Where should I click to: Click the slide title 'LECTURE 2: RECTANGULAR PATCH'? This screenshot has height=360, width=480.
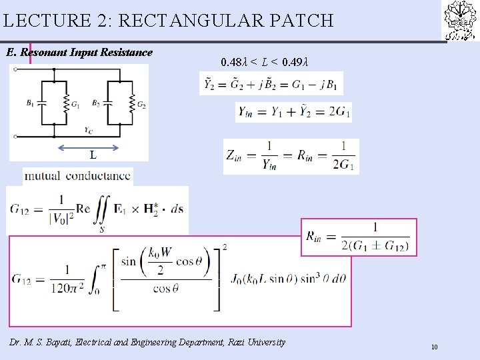coord(168,21)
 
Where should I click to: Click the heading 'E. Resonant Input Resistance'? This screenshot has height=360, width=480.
coord(79,52)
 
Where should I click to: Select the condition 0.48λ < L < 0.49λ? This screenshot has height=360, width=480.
coord(265,63)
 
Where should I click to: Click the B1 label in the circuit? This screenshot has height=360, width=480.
coord(31,103)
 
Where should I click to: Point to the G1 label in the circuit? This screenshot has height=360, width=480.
coord(75,105)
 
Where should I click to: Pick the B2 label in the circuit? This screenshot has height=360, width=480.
coord(97,103)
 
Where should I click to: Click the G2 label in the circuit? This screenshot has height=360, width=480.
coord(141,105)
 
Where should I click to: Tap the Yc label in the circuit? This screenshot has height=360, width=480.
coord(89,129)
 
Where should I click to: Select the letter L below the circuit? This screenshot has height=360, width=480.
coord(93,155)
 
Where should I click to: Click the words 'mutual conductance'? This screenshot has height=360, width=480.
coord(78,177)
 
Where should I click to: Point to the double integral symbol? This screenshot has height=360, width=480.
coord(102,209)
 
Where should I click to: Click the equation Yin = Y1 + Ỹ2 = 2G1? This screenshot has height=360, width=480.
coord(293,112)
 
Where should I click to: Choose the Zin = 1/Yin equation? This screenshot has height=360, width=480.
coord(291,156)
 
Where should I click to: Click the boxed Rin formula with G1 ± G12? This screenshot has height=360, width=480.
coord(360,237)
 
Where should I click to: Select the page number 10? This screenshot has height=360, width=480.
coord(434,347)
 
